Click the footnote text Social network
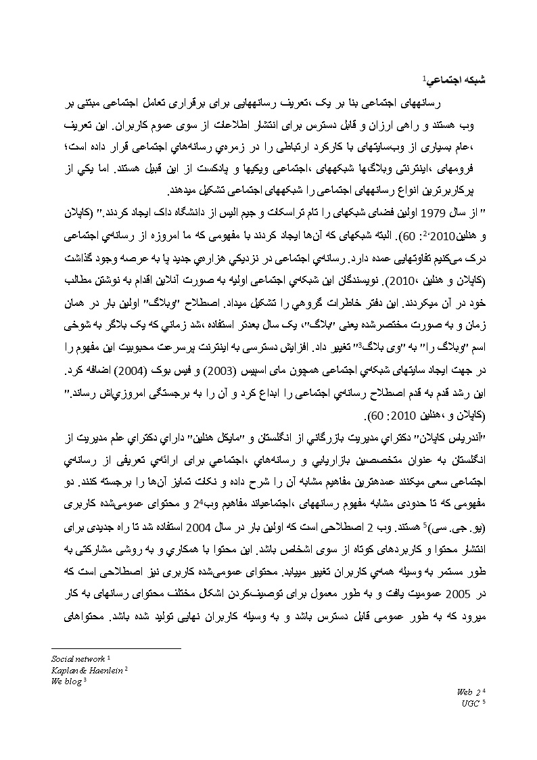click(78, 658)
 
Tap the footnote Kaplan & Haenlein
click(87, 670)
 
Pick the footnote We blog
click(66, 681)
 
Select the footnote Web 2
click(468, 692)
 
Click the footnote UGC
click(471, 704)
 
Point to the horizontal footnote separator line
click(116, 649)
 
